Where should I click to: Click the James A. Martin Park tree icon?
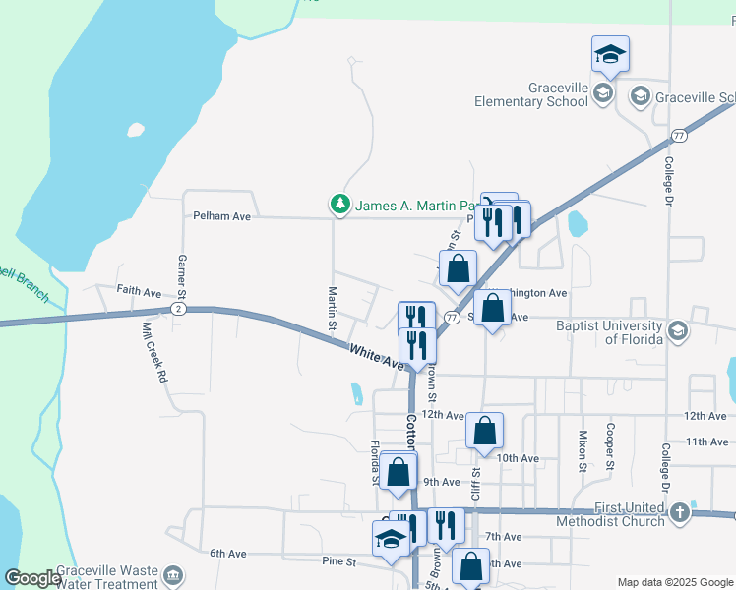(x=340, y=205)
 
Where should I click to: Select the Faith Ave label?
(x=139, y=292)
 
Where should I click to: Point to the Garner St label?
(x=181, y=275)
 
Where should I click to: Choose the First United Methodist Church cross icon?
(x=679, y=512)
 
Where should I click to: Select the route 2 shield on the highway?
(x=177, y=309)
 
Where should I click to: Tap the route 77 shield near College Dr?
(x=679, y=135)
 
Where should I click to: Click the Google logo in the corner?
(x=32, y=578)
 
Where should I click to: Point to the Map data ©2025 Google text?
(x=675, y=582)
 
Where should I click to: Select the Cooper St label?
(x=611, y=444)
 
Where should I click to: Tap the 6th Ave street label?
(x=227, y=554)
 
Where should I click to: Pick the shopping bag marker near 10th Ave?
(x=484, y=432)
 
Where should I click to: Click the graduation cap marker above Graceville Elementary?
(x=610, y=56)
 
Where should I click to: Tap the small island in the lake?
(x=135, y=129)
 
